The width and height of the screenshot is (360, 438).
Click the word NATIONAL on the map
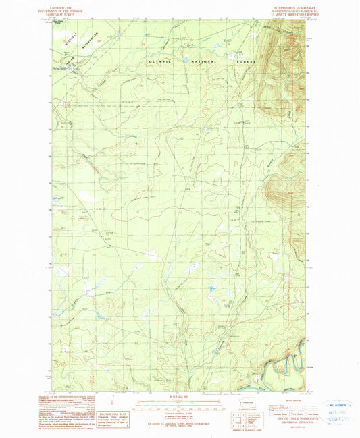[x=202, y=61]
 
